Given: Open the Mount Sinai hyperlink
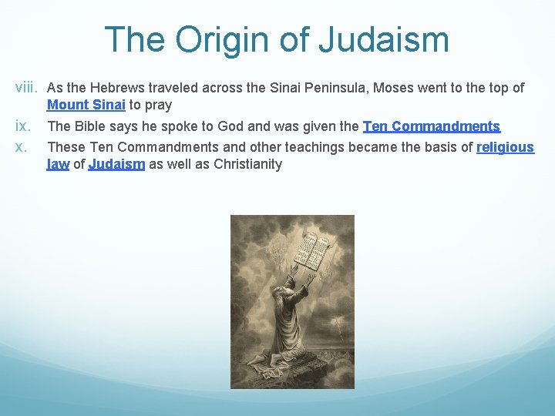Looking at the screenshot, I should pyautogui.click(x=86, y=105).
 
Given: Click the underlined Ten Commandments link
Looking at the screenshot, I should pyautogui.click(x=431, y=126).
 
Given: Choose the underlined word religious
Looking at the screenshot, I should pyautogui.click(x=505, y=146).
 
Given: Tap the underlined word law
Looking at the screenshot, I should pyautogui.click(x=58, y=163).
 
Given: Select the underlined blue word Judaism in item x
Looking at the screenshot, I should pyautogui.click(x=116, y=163).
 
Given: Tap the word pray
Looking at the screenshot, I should pyautogui.click(x=159, y=105).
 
